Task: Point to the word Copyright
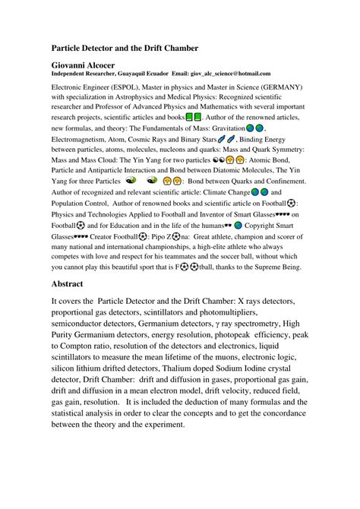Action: coord(272,225)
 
